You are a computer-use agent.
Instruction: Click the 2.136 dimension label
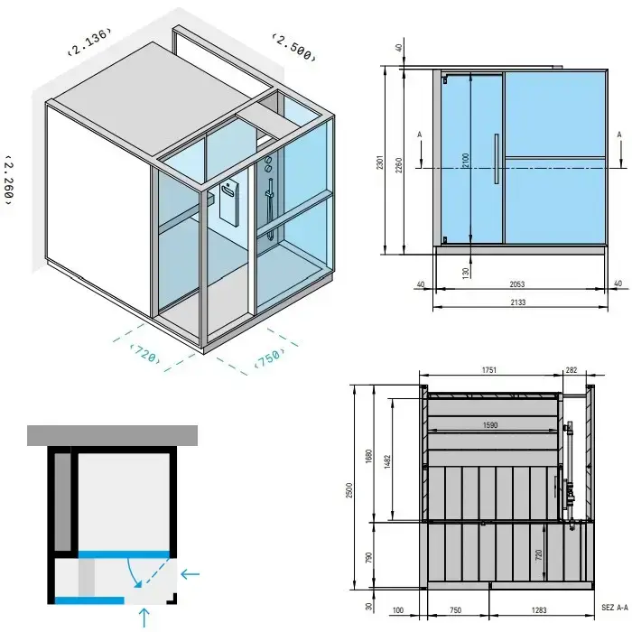89,42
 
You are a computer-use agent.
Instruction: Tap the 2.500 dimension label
293,47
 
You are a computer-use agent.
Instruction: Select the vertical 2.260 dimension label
9,180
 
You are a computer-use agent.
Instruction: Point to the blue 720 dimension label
145,354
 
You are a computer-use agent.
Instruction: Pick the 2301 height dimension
380,162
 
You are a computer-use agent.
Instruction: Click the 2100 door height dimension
466,161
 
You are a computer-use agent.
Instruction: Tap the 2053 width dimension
517,284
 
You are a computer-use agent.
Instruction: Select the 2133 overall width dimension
518,302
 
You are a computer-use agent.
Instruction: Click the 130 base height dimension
466,273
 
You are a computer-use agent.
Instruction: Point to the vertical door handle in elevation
497,159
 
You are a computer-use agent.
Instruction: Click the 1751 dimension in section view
489,370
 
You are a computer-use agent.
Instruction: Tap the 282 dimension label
572,370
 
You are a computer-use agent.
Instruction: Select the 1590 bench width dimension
490,425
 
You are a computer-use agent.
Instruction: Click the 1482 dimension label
387,461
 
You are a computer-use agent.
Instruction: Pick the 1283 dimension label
539,610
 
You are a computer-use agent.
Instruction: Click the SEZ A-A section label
615,607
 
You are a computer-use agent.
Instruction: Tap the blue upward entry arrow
144,618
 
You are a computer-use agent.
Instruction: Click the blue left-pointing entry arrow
191,574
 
